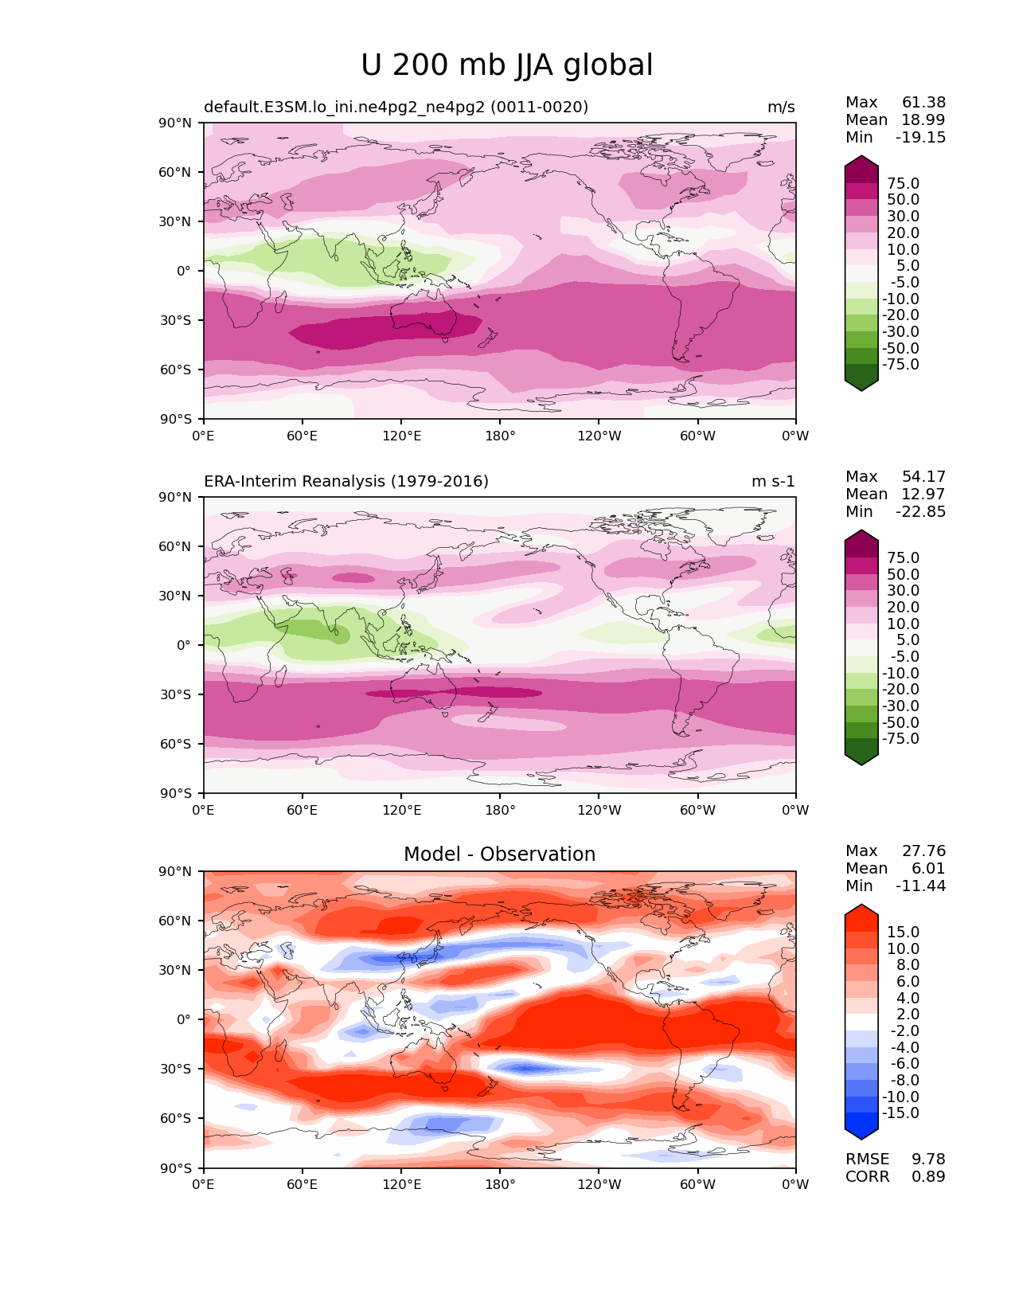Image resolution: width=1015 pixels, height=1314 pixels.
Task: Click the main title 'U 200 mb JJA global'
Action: [x=506, y=65]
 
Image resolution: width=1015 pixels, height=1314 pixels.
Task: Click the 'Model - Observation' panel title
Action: [x=499, y=854]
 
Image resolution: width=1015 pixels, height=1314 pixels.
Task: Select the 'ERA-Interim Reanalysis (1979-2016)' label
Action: [x=346, y=481]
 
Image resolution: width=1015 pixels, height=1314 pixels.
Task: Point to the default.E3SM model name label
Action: [x=396, y=107]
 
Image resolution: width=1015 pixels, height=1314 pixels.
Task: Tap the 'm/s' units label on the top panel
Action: [x=780, y=107]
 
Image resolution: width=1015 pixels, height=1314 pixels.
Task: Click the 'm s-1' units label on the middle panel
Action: [x=773, y=481]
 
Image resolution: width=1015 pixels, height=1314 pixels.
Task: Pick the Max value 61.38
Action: [x=923, y=102]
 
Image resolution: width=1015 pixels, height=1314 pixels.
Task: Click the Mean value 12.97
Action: [x=923, y=494]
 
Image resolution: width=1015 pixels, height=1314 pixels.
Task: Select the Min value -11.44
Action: [x=920, y=886]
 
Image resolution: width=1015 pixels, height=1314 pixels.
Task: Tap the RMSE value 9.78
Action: [x=928, y=1159]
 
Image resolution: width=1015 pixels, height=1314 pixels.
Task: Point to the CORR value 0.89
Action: [x=928, y=1176]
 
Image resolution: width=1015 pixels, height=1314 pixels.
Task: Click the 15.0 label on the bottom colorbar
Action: [x=903, y=932]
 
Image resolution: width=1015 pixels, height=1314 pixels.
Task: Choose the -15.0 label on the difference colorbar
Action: [x=900, y=1113]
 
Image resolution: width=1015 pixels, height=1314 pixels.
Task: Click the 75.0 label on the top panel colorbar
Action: [x=903, y=183]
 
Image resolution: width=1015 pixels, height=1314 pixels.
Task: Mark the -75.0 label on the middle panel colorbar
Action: [x=900, y=738]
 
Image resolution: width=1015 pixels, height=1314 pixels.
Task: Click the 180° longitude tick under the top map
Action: [x=500, y=436]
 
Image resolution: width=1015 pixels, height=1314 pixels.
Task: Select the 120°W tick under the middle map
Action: [x=599, y=810]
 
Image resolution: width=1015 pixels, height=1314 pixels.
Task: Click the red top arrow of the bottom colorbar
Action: [x=861, y=913]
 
